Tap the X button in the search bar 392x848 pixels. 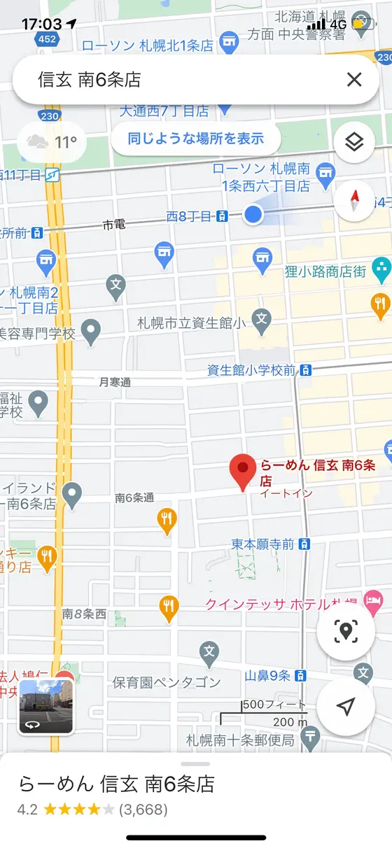pos(354,80)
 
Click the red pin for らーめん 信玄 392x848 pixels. pos(243,471)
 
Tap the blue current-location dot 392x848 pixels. pos(253,215)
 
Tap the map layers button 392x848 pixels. pos(354,143)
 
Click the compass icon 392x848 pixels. pos(354,201)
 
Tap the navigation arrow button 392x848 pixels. pos(345,707)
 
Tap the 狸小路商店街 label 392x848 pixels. pos(325,272)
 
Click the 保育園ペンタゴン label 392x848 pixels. pos(167,681)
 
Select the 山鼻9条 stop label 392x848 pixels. pos(267,675)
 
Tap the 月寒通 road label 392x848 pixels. pos(115,382)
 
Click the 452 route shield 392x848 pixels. pos(48,38)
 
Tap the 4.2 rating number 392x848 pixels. pos(28,810)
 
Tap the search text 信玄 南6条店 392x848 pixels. pos(90,80)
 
